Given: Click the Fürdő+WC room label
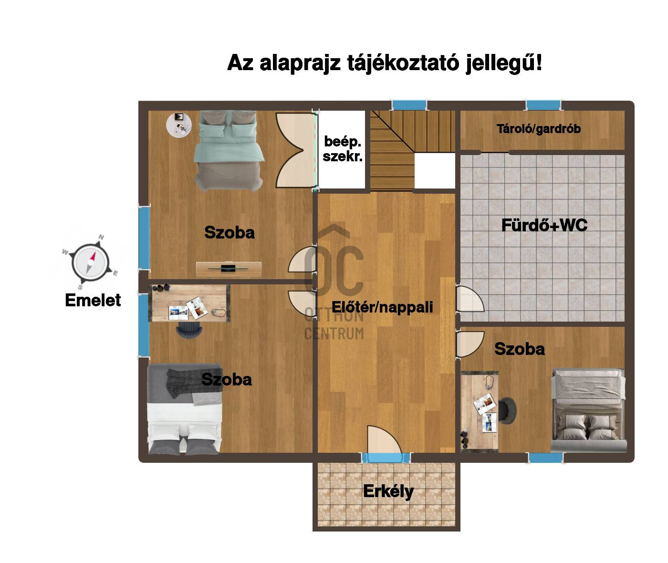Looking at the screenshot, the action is [544, 225].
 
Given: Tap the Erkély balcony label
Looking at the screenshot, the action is [388, 491].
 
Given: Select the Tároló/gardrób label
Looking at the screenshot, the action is [538, 129].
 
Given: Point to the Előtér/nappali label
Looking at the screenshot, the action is [382, 307].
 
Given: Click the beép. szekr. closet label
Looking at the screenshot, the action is [342, 149].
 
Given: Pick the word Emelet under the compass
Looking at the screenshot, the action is [93, 300].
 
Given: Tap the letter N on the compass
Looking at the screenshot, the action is [101, 237].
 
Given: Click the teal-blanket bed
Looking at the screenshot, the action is [229, 151].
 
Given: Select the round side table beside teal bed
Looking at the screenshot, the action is [179, 125].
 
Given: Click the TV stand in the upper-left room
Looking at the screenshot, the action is [229, 269].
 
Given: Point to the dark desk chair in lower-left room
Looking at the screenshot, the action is [189, 330].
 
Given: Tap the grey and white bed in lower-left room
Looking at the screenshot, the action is [185, 409].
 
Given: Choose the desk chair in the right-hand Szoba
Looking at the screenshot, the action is [507, 411].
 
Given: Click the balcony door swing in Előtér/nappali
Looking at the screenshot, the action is [384, 439].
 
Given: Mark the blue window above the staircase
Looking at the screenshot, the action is [409, 105].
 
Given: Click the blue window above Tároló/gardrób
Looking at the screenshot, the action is [543, 105].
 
